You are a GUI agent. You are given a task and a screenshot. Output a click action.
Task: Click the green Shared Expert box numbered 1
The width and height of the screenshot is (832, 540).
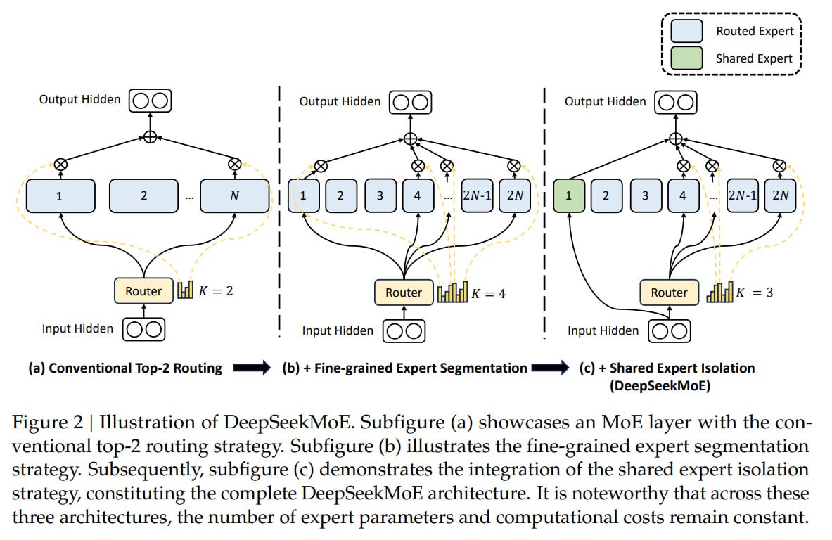569,195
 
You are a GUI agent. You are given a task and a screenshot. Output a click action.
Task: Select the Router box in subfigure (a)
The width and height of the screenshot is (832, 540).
143,290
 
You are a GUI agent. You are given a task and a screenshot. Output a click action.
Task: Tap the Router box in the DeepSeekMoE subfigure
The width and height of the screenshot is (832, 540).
669,292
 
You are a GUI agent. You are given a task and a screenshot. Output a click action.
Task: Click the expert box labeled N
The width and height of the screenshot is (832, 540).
234,195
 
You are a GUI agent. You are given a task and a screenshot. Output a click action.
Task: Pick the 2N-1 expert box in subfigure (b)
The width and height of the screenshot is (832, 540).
477,195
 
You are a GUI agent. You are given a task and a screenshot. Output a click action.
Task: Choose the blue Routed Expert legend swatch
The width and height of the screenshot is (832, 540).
686,31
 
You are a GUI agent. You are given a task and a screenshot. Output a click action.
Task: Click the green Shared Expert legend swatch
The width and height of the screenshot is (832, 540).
686,58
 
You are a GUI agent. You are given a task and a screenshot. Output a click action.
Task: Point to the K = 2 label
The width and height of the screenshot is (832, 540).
216,290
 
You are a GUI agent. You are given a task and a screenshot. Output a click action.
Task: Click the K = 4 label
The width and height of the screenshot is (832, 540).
488,293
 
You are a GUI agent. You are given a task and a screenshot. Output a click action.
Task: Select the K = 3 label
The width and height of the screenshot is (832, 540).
755,292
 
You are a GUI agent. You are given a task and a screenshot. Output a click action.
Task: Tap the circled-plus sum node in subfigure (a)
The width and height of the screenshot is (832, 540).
151,137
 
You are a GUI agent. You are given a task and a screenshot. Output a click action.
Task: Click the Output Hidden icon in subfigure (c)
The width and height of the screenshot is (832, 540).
675,103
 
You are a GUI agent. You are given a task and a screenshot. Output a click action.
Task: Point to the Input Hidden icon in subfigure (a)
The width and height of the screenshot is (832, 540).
143,329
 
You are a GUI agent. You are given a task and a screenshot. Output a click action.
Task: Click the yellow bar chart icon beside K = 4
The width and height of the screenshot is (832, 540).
453,292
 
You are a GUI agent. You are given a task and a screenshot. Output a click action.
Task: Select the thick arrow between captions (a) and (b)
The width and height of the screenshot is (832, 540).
252,368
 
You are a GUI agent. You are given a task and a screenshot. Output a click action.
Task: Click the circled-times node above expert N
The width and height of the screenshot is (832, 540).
234,164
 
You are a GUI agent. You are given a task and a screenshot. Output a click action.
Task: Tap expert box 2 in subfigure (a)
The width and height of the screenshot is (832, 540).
143,195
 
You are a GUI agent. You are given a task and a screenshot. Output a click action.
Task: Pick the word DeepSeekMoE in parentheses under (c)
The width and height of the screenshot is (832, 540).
660,385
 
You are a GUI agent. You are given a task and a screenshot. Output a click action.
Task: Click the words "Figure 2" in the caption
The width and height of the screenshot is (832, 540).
48,423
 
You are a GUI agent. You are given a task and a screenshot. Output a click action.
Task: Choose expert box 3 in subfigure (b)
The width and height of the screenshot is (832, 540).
380,195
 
